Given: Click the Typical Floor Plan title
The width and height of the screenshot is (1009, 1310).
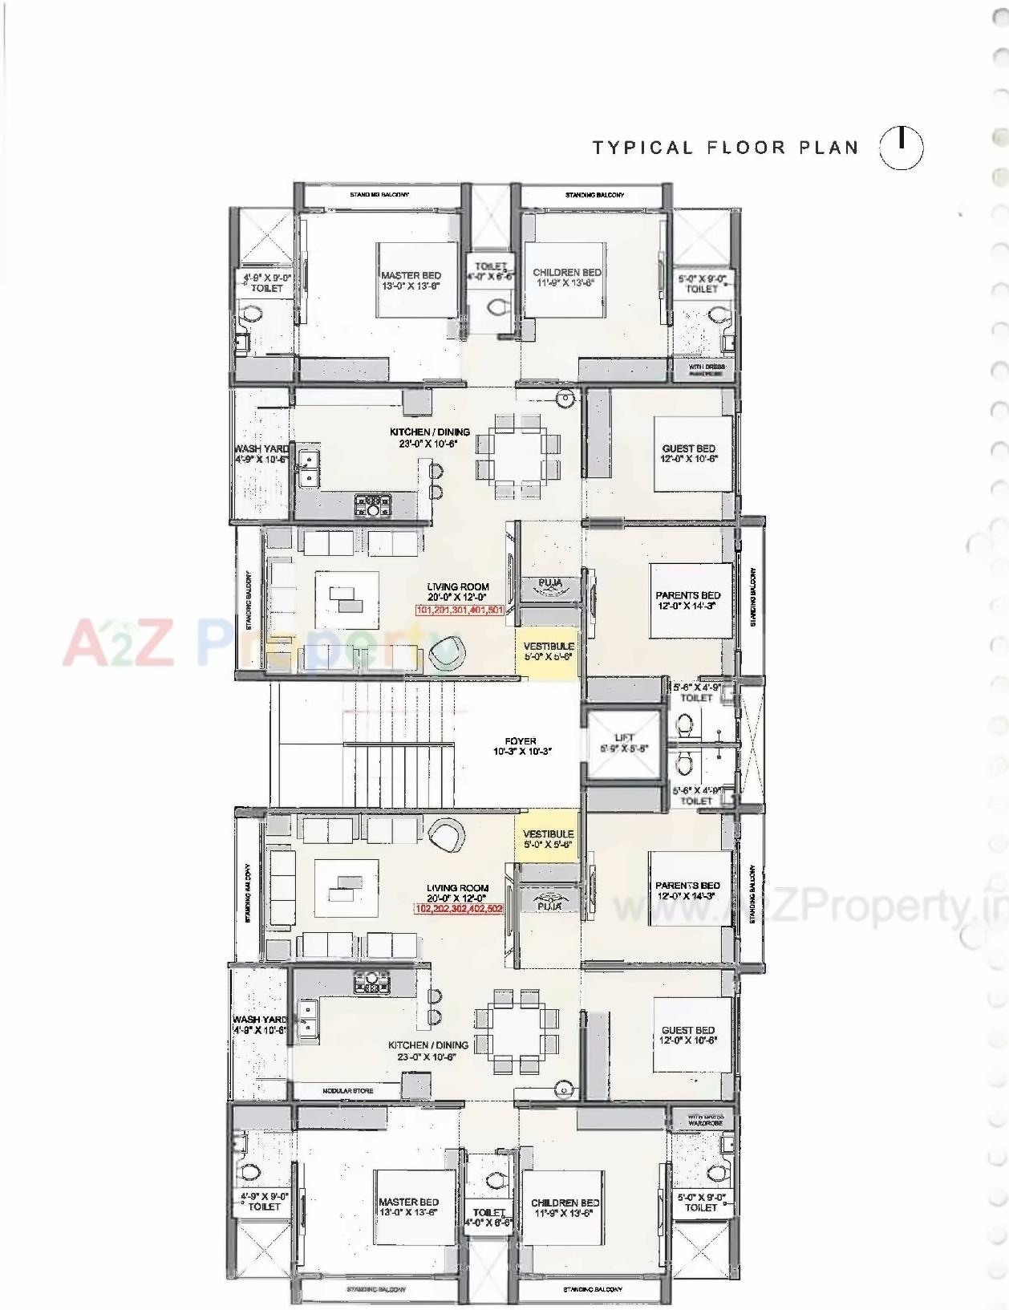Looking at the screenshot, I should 725,148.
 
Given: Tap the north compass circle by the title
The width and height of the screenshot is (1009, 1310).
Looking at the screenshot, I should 902,148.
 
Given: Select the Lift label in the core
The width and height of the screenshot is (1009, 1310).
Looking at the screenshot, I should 624,743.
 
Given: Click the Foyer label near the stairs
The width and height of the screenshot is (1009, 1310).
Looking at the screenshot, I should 521,747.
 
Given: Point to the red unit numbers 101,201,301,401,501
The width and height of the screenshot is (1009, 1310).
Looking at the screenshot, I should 460,610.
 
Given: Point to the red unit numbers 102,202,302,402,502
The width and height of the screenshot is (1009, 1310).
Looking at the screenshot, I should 459,909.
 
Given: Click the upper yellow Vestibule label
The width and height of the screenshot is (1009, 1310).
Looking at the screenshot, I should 549,651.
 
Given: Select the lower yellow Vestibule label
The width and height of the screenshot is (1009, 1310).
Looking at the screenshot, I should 549,839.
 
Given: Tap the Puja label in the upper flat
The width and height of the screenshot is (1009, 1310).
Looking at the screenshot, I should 549,583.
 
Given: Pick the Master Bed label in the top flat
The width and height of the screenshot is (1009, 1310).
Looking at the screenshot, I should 411,280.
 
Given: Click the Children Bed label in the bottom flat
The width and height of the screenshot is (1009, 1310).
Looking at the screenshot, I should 565,1208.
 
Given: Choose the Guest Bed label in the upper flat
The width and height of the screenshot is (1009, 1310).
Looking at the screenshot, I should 688,454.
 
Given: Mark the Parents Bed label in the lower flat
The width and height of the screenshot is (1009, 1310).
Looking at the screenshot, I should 687,890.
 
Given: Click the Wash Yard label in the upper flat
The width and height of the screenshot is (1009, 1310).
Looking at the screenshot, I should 261,454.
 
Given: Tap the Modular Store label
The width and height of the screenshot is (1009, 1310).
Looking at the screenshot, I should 347,1091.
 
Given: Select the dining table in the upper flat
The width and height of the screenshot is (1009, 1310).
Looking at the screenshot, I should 517,454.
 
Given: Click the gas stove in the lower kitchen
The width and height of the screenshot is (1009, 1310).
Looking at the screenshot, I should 371,984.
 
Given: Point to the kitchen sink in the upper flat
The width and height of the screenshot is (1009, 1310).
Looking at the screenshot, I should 307,467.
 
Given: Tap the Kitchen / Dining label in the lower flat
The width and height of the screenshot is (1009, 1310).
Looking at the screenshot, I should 428,1051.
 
